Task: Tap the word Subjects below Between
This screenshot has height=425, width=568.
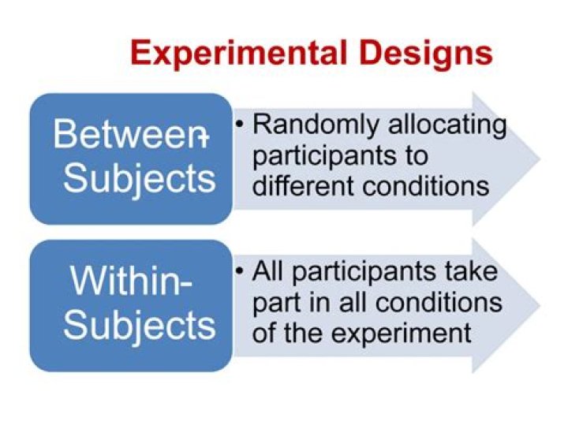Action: [140, 178]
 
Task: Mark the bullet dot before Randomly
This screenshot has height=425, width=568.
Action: [240, 125]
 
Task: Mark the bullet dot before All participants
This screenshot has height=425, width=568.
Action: [240, 271]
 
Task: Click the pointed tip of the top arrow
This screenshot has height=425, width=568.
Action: [538, 158]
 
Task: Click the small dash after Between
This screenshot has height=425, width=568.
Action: [203, 137]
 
